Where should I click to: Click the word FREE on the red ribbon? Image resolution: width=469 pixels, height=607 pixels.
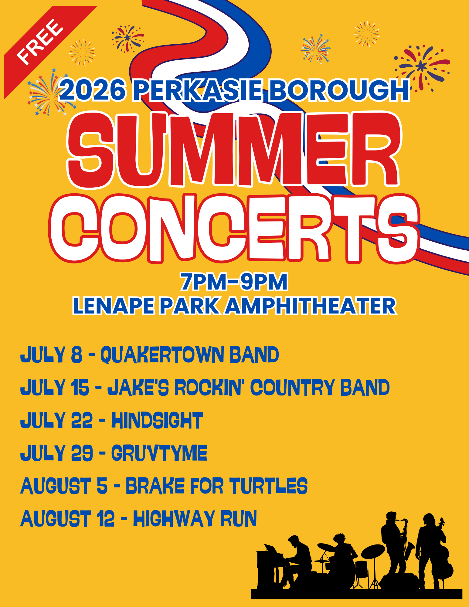(x=40, y=42)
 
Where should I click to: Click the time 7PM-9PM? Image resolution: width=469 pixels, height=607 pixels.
(x=234, y=282)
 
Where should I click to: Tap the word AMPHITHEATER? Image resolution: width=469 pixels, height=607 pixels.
(x=311, y=306)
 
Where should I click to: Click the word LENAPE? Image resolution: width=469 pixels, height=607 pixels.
(x=114, y=306)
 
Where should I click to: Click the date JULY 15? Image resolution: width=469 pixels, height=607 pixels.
(x=55, y=387)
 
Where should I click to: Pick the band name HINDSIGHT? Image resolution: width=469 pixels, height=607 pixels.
(x=157, y=420)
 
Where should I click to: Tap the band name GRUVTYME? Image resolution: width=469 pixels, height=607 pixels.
(x=159, y=453)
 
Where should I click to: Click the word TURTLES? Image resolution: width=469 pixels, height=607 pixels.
(x=268, y=486)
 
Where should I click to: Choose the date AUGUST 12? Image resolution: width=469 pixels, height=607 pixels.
(x=67, y=518)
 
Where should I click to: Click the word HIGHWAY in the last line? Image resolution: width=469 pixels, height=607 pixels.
(x=174, y=518)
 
